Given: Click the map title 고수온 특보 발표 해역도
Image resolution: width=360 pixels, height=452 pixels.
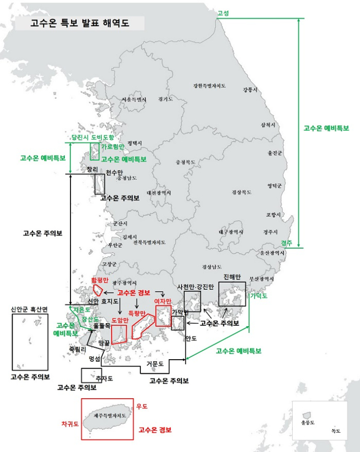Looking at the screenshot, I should pyautogui.click(x=80, y=23).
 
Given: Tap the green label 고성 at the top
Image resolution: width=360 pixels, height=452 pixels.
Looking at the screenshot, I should pyautogui.click(x=223, y=13).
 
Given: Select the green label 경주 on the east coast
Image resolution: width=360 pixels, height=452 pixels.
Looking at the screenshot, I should pyautogui.click(x=286, y=243).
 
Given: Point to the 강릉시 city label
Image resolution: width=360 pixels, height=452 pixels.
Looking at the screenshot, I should pyautogui.click(x=250, y=90).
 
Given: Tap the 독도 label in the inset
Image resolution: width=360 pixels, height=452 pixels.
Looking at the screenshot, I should pyautogui.click(x=335, y=431).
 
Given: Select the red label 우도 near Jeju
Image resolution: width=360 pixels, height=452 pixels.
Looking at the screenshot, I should pyautogui.click(x=142, y=406).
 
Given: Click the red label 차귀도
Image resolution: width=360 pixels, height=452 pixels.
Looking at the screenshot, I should pyautogui.click(x=70, y=423).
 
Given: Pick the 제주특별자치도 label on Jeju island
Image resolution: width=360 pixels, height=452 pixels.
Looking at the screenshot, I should pyautogui.click(x=110, y=415).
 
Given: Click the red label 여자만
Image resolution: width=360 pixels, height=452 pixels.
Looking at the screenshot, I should pyautogui.click(x=162, y=301).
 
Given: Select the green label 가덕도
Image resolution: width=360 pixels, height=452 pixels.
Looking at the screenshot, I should pyautogui.click(x=258, y=296).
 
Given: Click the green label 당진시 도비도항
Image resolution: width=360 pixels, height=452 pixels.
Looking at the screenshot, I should pyautogui.click(x=93, y=137).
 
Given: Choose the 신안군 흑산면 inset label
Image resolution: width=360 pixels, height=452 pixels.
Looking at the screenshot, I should pyautogui.click(x=29, y=308).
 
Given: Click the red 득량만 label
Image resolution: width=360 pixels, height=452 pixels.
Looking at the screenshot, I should pyautogui.click(x=137, y=313).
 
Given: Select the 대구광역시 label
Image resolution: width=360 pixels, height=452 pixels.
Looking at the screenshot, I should pyautogui.click(x=231, y=232).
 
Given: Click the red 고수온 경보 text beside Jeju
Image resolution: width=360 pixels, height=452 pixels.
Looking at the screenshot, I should pyautogui.click(x=155, y=430).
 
